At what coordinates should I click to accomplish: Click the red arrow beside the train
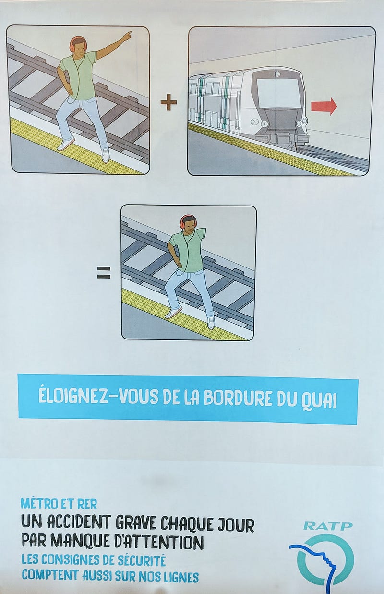click(x=324, y=106)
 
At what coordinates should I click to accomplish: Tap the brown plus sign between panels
click(x=169, y=103)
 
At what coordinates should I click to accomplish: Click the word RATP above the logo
click(x=328, y=526)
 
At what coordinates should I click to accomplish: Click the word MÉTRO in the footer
click(x=39, y=503)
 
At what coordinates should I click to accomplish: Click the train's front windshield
click(x=278, y=92)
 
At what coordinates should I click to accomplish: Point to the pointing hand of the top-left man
click(x=128, y=35)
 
